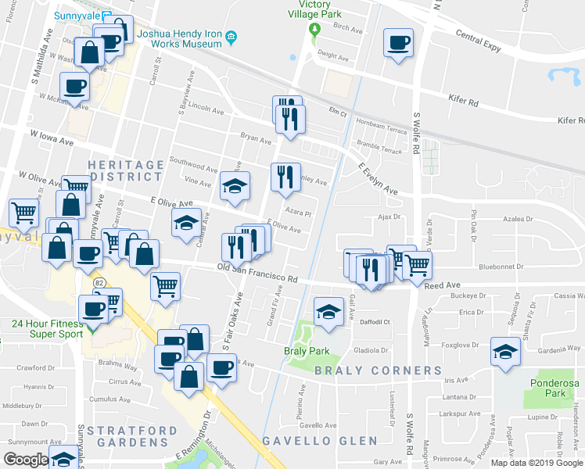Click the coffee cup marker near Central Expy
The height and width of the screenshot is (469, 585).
(398, 42)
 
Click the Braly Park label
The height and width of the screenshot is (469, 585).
(306, 351)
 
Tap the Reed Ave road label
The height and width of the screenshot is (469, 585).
(442, 286)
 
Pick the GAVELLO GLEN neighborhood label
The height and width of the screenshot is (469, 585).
(313, 441)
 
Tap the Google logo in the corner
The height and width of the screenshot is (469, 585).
(26, 460)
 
